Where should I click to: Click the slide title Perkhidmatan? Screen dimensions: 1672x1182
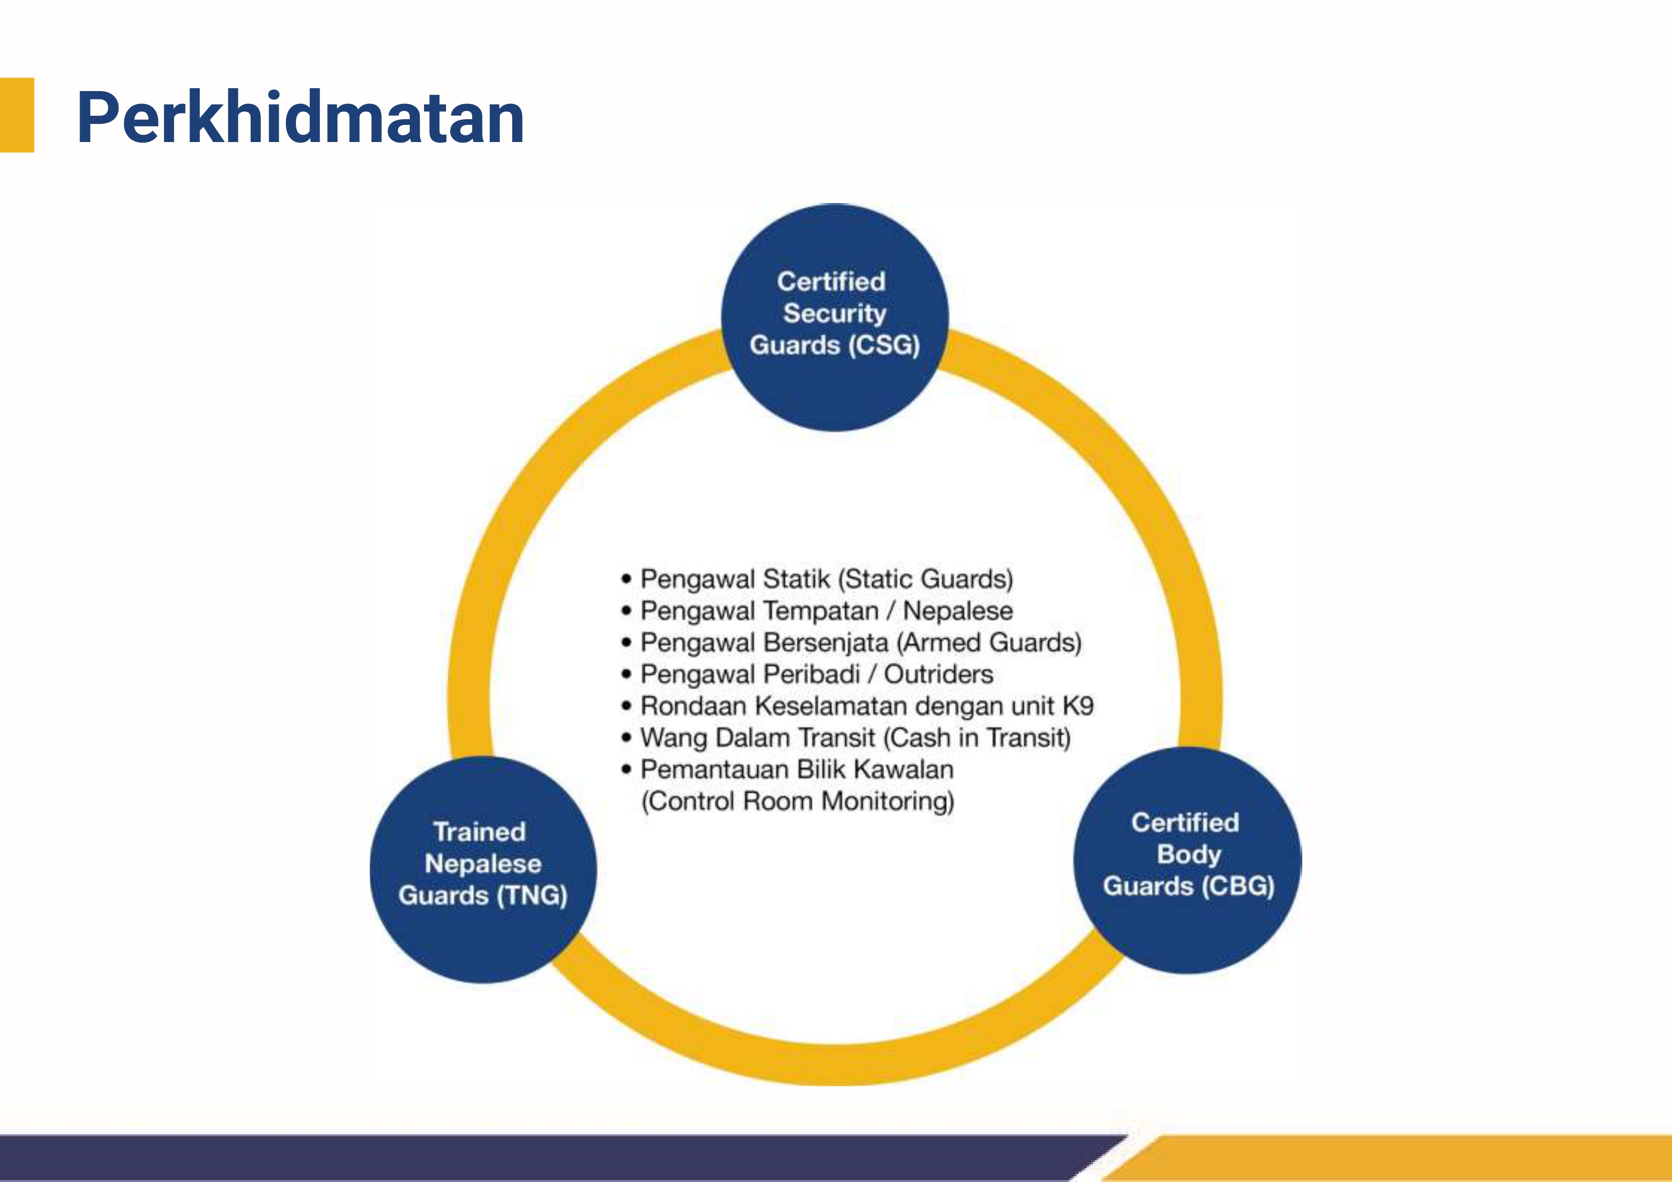[300, 119]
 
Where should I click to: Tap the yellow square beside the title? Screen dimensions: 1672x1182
[17, 114]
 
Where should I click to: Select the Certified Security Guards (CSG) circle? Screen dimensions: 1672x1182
[834, 317]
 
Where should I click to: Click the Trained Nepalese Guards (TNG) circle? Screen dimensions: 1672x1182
[483, 869]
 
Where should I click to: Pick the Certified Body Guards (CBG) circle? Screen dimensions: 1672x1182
[1188, 860]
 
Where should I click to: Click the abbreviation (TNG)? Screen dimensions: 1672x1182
[532, 895]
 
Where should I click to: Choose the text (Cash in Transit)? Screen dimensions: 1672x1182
[976, 738]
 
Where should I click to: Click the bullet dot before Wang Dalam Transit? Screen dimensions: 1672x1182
[626, 738]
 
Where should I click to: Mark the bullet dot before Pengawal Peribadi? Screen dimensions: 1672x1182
[626, 674]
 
